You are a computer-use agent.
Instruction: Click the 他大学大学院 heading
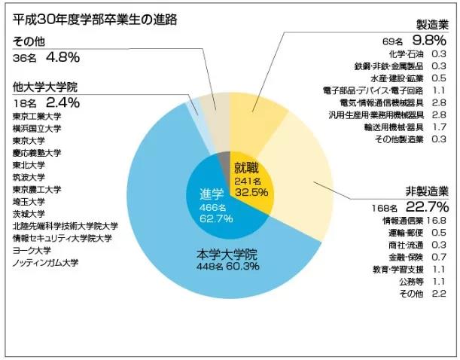coord(46,85)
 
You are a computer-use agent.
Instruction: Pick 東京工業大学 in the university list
coord(38,116)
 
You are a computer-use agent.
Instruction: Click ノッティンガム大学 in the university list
coord(45,263)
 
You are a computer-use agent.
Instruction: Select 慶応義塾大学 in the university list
coord(38,153)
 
